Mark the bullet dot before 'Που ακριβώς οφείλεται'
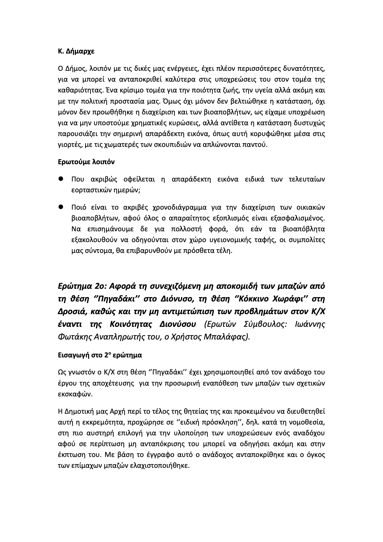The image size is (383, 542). pyautogui.click(x=61, y=179)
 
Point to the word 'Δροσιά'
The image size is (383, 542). pyautogui.click(x=69, y=312)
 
